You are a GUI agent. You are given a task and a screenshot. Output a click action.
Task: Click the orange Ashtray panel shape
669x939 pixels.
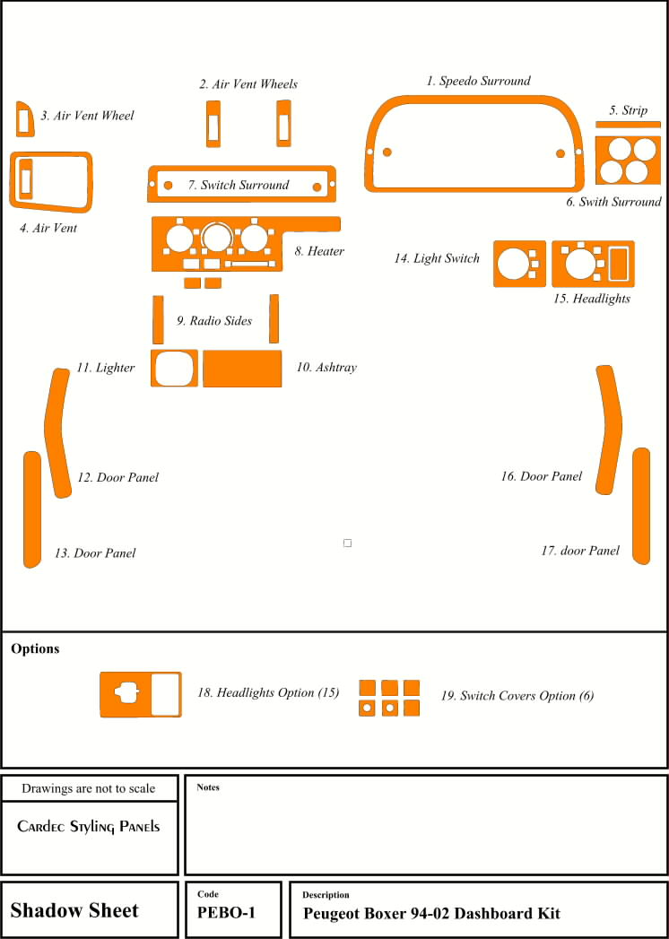pos(243,369)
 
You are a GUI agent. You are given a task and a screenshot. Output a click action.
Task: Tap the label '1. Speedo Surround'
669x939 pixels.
pos(478,81)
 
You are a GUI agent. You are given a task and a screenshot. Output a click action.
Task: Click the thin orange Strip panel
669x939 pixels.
pos(628,124)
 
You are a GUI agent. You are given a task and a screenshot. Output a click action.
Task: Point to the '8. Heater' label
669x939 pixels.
pos(319,251)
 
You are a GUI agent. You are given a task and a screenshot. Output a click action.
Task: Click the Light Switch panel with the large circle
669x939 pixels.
pos(519,264)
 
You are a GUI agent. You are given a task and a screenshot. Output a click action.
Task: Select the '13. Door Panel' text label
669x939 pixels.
pos(95,553)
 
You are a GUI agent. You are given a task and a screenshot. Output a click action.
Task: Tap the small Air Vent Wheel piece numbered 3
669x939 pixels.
pos(24,118)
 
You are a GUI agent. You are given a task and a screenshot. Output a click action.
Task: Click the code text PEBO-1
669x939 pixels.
pos(226,913)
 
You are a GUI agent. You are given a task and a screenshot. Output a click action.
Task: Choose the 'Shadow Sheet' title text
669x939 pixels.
pos(74,911)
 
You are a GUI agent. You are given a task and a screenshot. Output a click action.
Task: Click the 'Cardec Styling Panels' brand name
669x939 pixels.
pos(89,826)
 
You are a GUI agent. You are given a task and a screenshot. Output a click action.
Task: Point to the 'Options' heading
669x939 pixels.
pos(35,648)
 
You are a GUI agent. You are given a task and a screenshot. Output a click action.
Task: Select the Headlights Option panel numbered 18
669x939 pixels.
pos(139,693)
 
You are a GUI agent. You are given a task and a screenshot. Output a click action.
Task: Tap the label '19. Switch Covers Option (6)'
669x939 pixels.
pos(517,696)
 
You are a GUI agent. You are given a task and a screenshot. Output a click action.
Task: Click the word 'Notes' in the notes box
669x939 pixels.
pos(208,787)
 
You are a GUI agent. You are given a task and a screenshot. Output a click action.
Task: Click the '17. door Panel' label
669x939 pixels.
pos(580,551)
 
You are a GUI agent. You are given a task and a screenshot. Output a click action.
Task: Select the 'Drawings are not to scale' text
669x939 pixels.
pos(88,788)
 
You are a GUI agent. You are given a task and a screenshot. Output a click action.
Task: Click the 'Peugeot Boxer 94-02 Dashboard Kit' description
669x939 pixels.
pos(431,914)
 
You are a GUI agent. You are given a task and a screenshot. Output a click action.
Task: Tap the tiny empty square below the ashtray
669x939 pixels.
pos(347,543)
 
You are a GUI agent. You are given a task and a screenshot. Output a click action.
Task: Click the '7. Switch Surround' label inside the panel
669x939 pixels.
pos(239,185)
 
